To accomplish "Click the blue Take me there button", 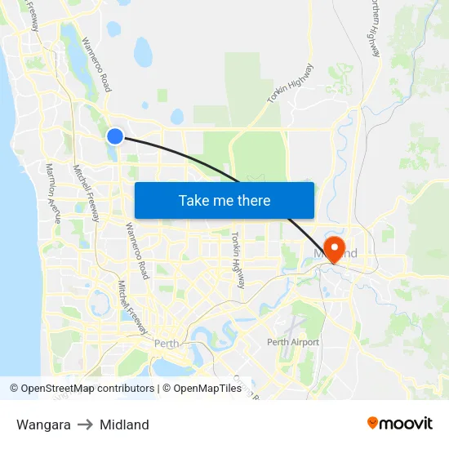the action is (x=224, y=200).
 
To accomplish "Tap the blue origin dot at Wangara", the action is (x=115, y=136).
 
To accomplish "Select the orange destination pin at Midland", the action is (x=334, y=246).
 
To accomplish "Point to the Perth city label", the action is (x=167, y=343).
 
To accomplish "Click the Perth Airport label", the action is (x=293, y=342).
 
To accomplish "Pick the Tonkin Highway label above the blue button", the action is (x=290, y=83).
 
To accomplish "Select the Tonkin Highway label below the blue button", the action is (x=238, y=260).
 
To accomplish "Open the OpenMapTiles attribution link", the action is (x=207, y=389).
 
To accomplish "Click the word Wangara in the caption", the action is (x=43, y=425).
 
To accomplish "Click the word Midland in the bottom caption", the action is (x=124, y=425).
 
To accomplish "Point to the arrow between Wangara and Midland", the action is (x=85, y=425).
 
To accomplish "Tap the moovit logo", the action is (x=399, y=424).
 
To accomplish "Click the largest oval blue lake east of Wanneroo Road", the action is (x=143, y=54).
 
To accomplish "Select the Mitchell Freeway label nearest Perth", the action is (x=131, y=306).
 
